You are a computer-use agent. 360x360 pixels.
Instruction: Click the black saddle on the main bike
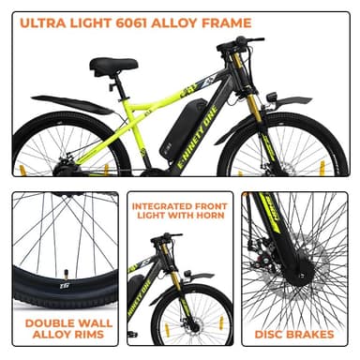(113, 64)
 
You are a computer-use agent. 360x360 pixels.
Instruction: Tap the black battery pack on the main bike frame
(184, 128)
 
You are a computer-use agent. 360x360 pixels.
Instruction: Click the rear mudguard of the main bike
(72, 105)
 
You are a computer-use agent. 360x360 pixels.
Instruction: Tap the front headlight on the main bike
(270, 97)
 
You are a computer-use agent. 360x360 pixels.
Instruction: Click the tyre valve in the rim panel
(67, 275)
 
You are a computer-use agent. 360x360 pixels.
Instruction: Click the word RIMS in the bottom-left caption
(88, 335)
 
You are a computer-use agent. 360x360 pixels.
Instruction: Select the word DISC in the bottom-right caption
(268, 335)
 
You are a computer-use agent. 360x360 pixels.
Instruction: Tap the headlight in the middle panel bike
(188, 274)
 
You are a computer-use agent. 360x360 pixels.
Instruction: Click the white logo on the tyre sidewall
(64, 286)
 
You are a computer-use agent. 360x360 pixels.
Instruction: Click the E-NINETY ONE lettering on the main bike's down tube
(197, 138)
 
